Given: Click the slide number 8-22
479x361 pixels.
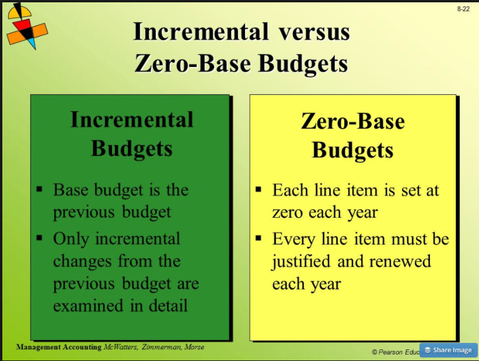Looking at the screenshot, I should click(463, 9).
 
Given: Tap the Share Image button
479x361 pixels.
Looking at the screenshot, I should click(448, 350).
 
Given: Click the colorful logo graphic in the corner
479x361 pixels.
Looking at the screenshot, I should click(26, 26).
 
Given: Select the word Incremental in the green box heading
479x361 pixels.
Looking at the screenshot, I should click(132, 119).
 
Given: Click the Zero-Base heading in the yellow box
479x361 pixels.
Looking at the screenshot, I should click(353, 122).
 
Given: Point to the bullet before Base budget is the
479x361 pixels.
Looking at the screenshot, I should click(40, 190).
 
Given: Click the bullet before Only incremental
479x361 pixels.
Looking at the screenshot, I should click(40, 238).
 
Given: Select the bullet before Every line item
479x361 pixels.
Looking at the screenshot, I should click(259, 239).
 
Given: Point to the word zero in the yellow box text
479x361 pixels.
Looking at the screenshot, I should click(289, 213).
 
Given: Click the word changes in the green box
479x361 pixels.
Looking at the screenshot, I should click(81, 261).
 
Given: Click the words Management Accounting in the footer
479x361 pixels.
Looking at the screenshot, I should click(58, 348).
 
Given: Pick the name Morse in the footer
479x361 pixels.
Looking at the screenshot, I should click(194, 348).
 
